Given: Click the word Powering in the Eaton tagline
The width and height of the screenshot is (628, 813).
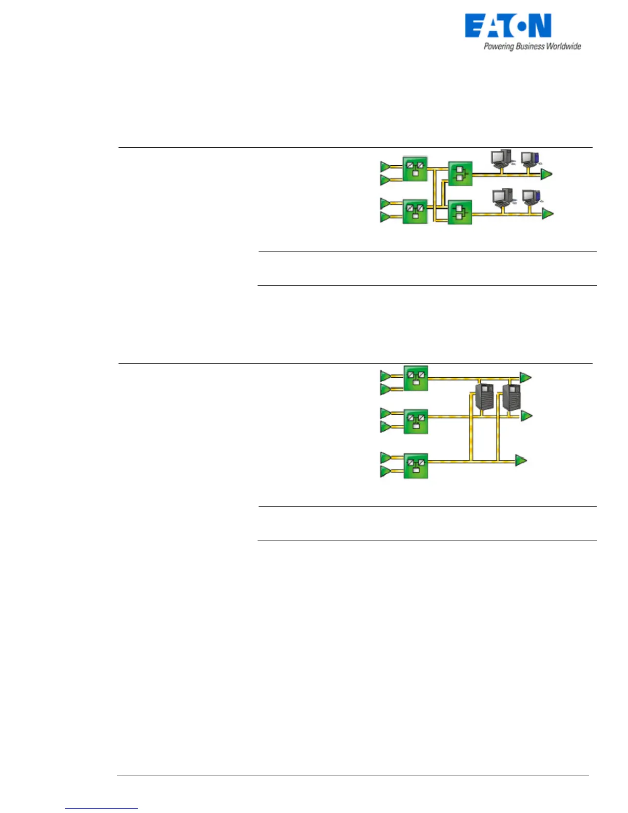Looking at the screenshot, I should click(499, 47).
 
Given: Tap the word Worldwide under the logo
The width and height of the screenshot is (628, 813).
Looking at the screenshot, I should click(563, 46).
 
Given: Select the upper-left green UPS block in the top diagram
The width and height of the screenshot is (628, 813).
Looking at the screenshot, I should click(415, 169).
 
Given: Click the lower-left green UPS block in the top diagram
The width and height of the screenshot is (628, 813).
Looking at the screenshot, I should click(415, 211).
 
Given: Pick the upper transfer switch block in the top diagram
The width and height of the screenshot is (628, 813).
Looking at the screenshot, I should click(460, 173).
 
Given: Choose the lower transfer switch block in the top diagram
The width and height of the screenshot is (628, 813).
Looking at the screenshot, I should click(460, 212).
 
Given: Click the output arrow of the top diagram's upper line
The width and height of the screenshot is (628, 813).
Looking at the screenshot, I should click(546, 174).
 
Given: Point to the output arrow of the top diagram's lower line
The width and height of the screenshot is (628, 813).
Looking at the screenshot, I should click(548, 213).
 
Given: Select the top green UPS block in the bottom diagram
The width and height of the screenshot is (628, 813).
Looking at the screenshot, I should click(416, 378).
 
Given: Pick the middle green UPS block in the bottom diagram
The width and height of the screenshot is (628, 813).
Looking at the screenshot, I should click(416, 421).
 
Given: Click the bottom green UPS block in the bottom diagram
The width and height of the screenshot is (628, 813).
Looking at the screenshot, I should click(416, 466).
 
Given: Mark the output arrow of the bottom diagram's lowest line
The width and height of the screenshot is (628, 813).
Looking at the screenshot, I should click(521, 460).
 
